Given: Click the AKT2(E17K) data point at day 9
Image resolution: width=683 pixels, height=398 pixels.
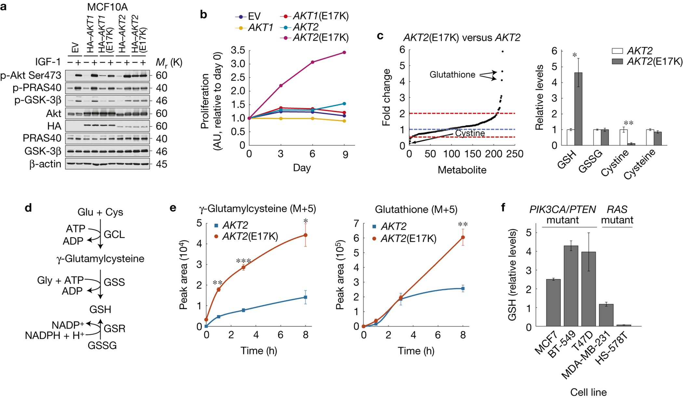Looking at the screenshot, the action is [344, 52].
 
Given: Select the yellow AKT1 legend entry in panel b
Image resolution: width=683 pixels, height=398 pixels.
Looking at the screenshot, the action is [254, 28].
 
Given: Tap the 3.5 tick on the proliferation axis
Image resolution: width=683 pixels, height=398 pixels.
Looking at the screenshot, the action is [238, 50].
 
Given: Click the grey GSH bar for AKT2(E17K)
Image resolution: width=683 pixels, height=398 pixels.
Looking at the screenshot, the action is [578, 109].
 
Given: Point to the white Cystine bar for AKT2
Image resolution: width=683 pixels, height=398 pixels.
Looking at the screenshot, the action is [623, 137].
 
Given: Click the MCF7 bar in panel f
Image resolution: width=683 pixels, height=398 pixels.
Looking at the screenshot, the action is [553, 303].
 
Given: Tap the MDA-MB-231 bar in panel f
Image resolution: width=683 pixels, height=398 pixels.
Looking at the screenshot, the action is [606, 315].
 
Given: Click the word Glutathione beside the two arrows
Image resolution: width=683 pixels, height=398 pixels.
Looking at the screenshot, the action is [452, 75].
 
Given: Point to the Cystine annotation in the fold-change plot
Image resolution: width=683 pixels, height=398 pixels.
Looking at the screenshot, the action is [470, 133].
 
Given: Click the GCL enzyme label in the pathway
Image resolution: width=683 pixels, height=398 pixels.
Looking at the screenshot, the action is [114, 234].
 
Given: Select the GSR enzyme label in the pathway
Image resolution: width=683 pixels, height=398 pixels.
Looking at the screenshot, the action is [114, 328].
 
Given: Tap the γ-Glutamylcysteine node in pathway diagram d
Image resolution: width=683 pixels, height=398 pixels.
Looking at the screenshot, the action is [100, 259].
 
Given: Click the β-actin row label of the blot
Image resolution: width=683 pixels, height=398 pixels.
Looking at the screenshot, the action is [45, 164].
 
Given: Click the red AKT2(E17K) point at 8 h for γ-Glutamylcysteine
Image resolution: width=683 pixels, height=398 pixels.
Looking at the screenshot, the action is [305, 235].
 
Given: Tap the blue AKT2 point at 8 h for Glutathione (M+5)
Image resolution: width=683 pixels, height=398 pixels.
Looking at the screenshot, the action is [463, 289].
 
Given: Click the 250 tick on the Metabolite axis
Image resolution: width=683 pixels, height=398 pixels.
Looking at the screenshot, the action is [515, 154].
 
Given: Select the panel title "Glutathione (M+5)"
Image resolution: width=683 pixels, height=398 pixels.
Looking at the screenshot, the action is [416, 209].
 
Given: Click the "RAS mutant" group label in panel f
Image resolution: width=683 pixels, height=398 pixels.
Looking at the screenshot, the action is [617, 215].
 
